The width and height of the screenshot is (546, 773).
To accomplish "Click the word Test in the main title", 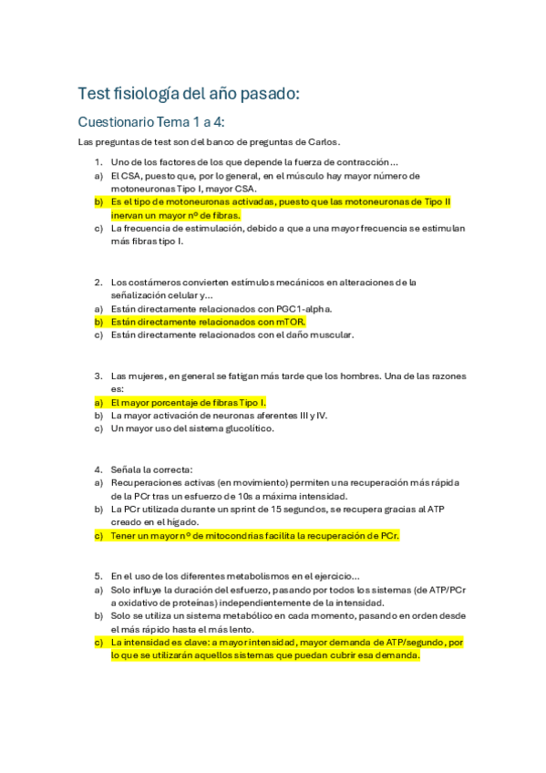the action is (93, 93).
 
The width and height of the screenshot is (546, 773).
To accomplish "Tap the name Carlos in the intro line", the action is (319, 141).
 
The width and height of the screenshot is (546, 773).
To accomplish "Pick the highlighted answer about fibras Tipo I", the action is (188, 402).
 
